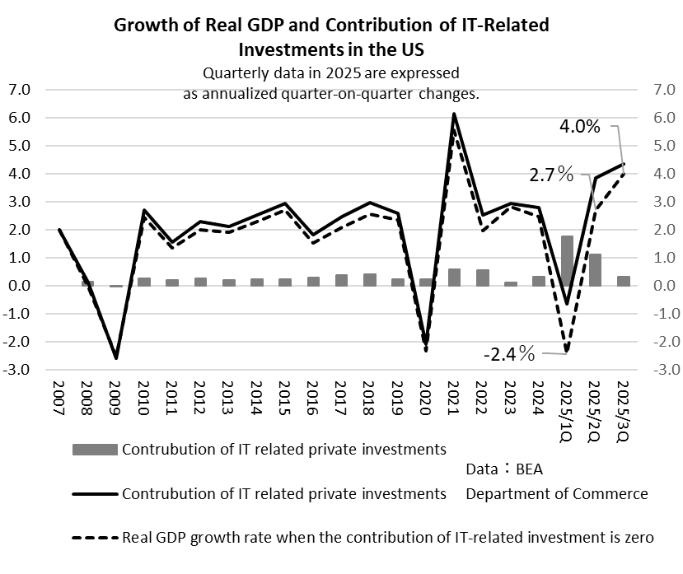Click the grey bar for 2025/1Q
point(567,261)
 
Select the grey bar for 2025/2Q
point(595,270)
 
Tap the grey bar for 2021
point(454,278)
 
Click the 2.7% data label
point(551,175)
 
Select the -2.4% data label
point(509,355)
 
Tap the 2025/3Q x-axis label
point(623,407)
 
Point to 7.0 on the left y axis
point(21,90)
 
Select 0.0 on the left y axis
point(21,286)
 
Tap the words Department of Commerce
point(557,494)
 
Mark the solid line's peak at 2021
point(454,114)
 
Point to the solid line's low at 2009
point(116,357)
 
